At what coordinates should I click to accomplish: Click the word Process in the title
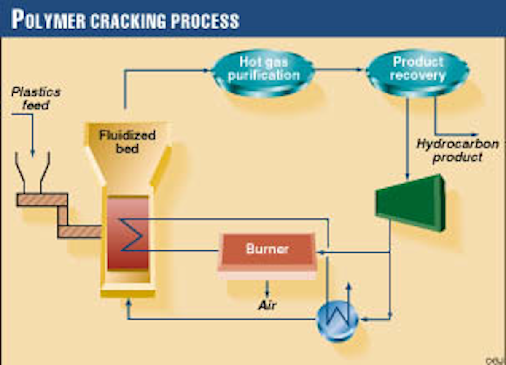pos(203,20)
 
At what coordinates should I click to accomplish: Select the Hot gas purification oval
pos(263,70)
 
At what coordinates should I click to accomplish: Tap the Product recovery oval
pos(417,69)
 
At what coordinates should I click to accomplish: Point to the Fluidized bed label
pos(127,141)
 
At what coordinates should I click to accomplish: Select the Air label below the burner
pos(267,305)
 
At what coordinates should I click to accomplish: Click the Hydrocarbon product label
pos(458,150)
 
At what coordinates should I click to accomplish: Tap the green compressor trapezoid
pos(411,202)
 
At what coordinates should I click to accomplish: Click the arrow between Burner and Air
pos(267,290)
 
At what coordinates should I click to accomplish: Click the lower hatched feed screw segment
pos(79,232)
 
